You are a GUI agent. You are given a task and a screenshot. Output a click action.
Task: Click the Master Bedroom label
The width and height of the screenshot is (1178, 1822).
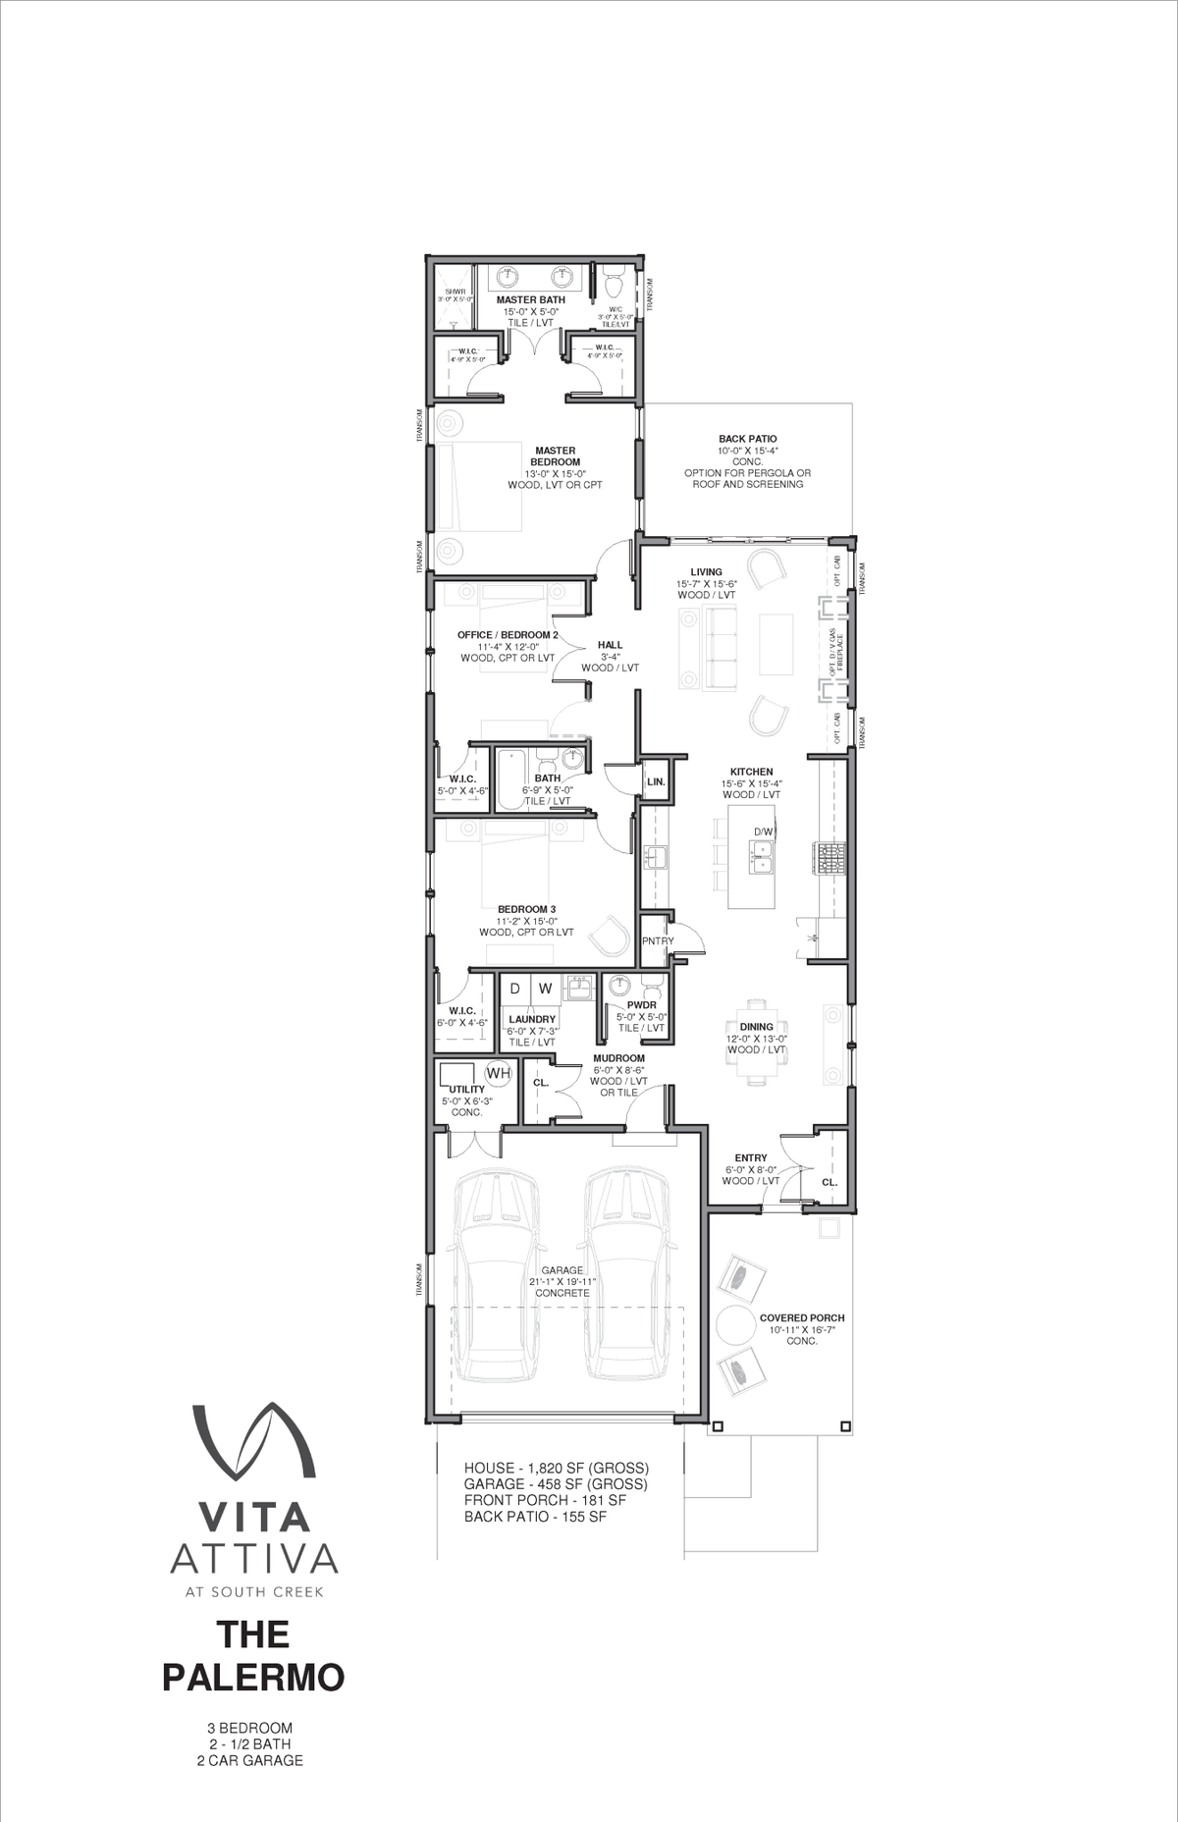pos(555,456)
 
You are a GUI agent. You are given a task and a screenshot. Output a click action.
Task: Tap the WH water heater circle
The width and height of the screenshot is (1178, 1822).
pos(499,1073)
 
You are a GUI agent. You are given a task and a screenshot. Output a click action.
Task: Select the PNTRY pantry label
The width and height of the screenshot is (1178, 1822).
pos(657,940)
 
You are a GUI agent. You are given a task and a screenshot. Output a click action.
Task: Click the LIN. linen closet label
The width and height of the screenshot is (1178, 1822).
pos(656,782)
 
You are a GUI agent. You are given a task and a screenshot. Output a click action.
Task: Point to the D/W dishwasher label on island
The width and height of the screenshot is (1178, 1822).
pos(763,831)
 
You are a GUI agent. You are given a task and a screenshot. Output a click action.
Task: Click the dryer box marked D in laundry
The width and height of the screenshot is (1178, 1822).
pos(515,989)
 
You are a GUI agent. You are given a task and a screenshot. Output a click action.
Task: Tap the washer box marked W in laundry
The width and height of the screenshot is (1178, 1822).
pos(545,989)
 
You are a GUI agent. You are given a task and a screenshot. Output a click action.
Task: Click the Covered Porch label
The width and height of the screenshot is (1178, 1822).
pos(802,1317)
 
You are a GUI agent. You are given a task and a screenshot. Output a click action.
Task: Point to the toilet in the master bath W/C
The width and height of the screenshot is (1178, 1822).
pos(616,286)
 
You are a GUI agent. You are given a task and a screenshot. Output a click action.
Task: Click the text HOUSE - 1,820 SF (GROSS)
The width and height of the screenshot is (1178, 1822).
pos(556,1468)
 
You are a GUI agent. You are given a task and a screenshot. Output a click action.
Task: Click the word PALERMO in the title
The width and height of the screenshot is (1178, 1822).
pos(252,1677)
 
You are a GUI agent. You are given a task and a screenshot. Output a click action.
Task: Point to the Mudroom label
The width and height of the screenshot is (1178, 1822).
pos(618,1058)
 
